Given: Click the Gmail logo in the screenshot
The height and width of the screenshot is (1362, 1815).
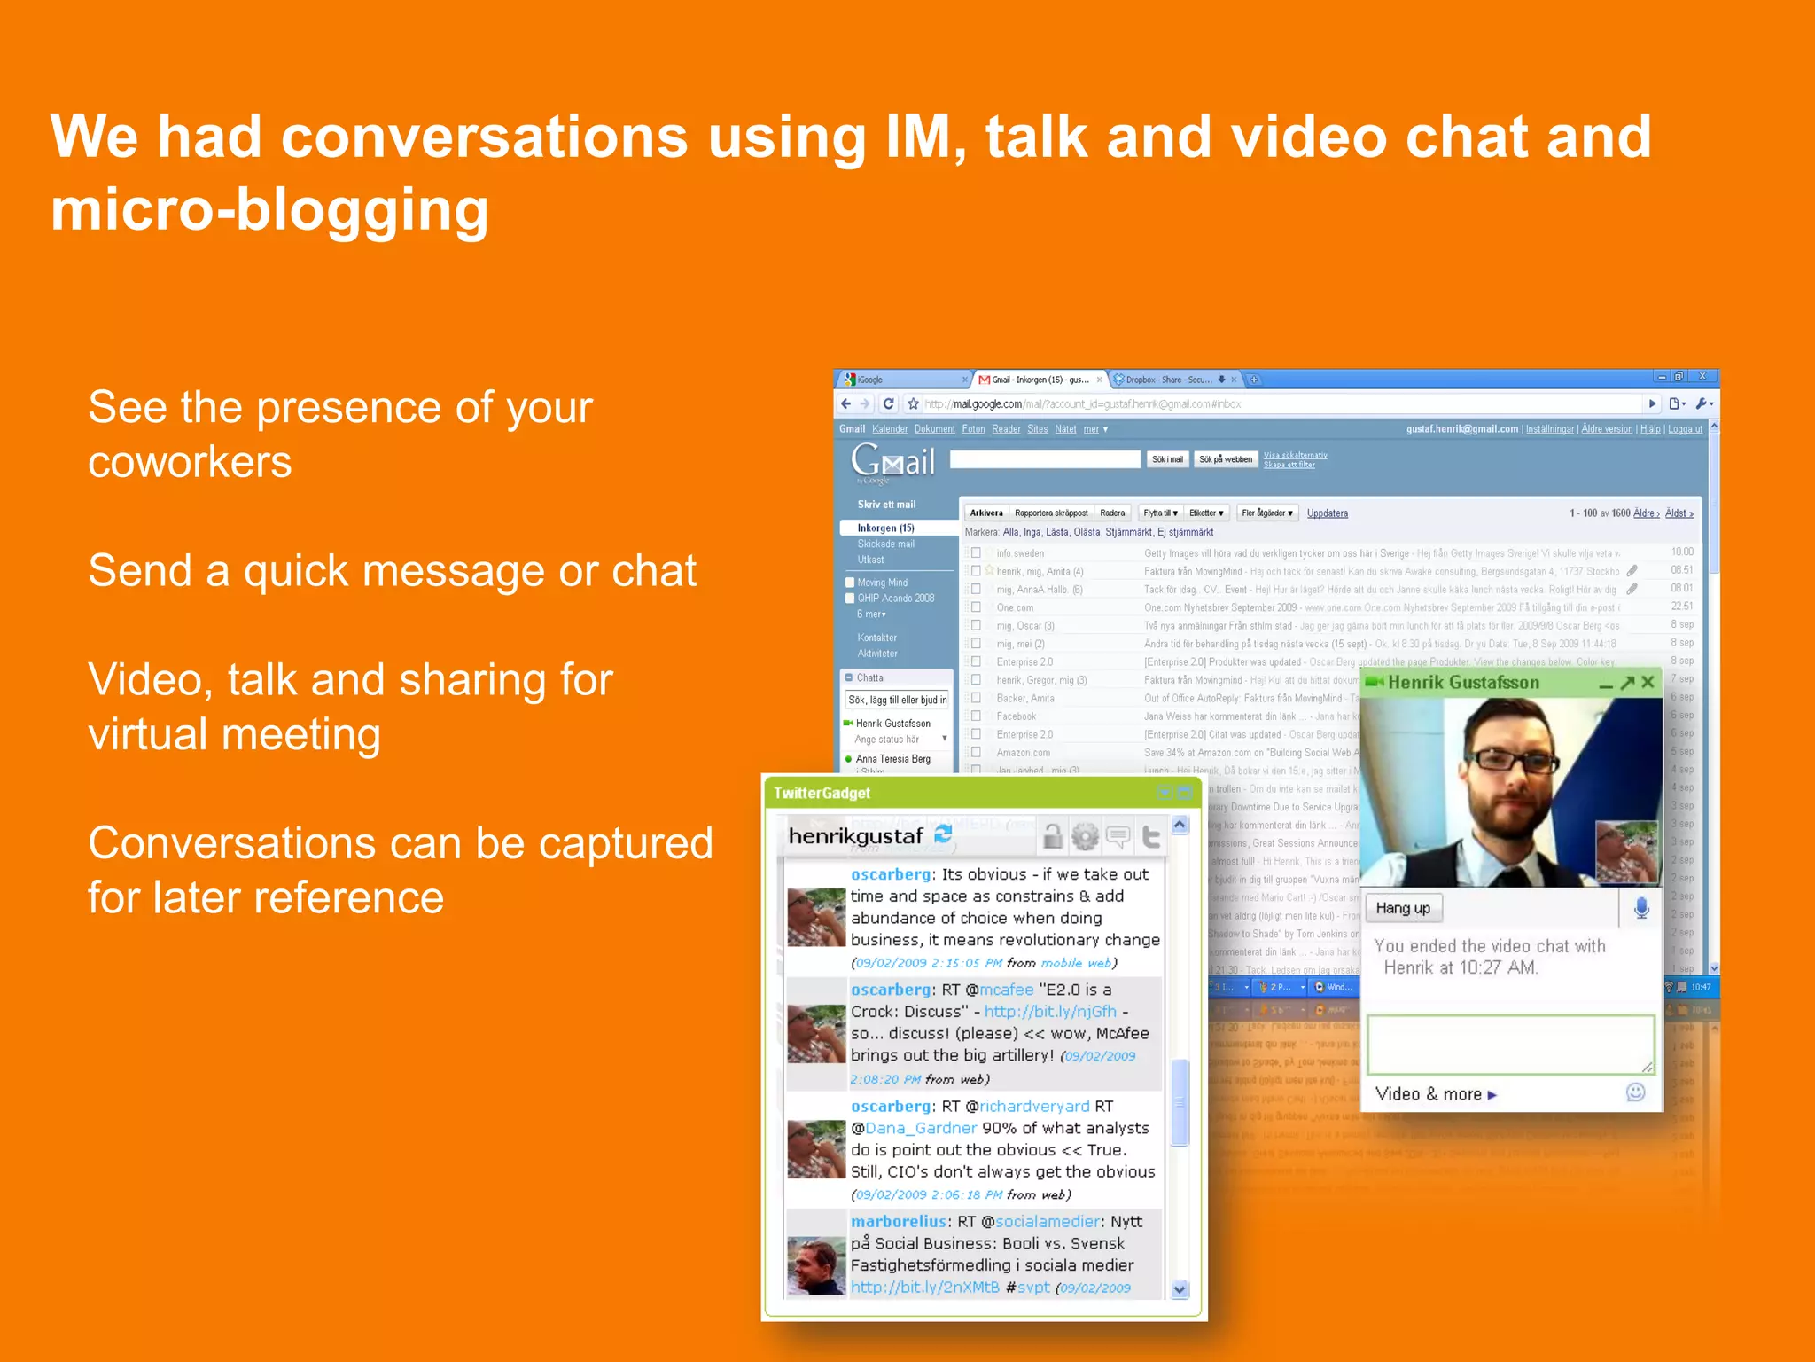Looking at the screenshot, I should [892, 461].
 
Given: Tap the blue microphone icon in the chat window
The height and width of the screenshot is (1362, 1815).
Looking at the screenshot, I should [1641, 908].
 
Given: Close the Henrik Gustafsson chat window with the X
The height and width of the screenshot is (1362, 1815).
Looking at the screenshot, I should [1648, 682].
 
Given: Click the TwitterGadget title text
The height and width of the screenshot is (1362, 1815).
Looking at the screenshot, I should [822, 793].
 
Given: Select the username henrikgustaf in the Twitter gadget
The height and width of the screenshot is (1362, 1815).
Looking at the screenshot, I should [855, 836].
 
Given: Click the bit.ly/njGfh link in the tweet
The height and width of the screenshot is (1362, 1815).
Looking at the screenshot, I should [1050, 1011].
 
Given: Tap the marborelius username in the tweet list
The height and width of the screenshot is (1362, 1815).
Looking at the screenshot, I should [898, 1221].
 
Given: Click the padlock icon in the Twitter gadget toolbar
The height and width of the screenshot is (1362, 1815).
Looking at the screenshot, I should [1052, 835].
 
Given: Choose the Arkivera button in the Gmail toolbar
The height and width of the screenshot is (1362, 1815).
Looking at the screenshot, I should [985, 513].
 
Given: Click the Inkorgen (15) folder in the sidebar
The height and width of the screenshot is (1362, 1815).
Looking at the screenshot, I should [885, 528].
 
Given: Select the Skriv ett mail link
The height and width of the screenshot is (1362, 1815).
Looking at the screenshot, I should [886, 505].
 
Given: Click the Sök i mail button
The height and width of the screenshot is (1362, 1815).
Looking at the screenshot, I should [1167, 459].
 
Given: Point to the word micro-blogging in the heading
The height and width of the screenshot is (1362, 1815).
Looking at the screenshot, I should [269, 210].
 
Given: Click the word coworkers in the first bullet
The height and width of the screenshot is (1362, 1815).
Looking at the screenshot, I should [190, 462].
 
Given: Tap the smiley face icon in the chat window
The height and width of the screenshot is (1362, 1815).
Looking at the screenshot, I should [1636, 1092].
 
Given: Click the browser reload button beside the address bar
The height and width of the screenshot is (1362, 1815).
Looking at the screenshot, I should [889, 403].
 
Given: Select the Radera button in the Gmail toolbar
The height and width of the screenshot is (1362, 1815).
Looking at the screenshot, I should [1112, 513].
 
